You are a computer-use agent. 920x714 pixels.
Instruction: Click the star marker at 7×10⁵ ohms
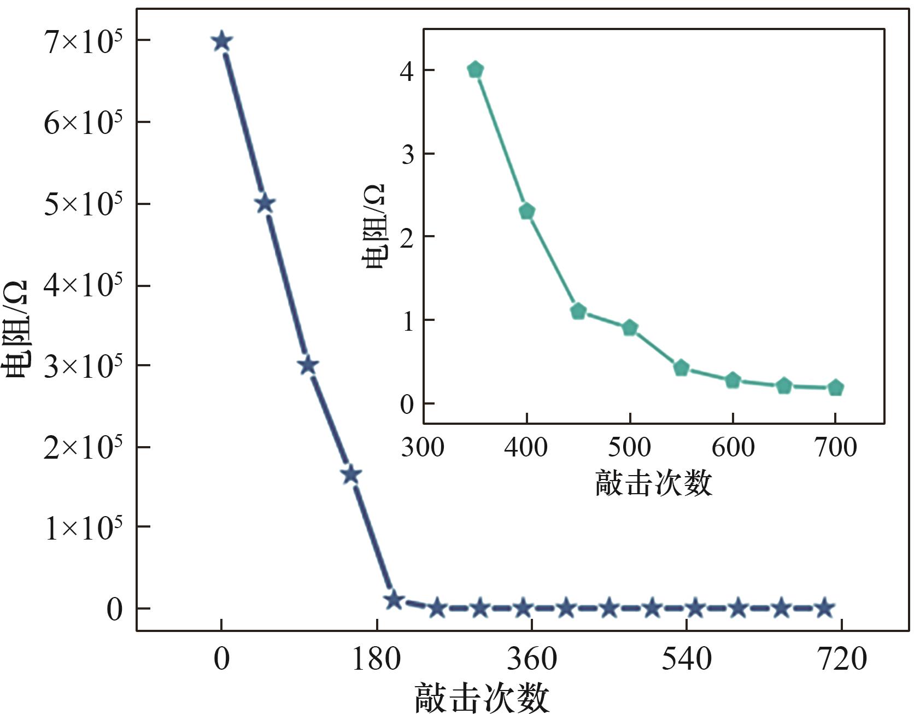coord(221,41)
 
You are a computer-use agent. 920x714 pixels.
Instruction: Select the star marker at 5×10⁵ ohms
coord(265,204)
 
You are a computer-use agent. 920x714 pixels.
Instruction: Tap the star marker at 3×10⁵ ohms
coord(308,365)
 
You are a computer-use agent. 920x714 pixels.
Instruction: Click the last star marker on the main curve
coord(824,608)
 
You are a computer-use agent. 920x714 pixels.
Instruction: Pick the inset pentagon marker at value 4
coord(476,70)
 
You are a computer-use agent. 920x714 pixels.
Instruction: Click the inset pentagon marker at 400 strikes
coord(526,212)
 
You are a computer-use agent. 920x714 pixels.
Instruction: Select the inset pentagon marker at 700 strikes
coord(835,388)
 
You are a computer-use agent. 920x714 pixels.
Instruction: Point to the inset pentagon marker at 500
coord(630,328)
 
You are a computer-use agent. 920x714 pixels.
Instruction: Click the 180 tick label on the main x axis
coord(377,659)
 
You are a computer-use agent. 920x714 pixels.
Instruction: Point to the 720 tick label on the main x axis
coord(842,659)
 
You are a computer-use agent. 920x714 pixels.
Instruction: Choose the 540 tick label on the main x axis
coord(687,659)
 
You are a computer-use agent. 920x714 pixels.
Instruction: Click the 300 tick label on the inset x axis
coord(423,448)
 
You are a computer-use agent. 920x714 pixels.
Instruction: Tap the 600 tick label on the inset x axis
coord(733,448)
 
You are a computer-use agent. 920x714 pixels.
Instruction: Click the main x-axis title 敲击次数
coord(482,698)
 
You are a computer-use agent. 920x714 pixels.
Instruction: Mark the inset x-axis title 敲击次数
coord(654,483)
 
